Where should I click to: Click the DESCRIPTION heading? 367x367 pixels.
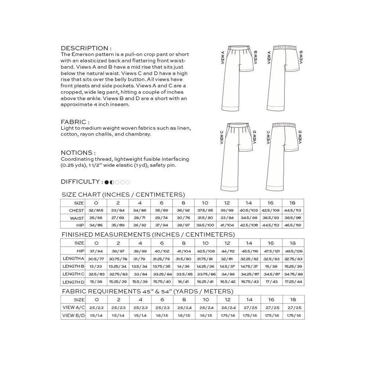tap(86, 48)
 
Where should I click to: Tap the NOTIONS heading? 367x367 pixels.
tap(78, 153)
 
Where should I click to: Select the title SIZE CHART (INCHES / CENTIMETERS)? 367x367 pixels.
tap(123, 195)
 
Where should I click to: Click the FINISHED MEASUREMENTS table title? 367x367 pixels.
tap(148, 235)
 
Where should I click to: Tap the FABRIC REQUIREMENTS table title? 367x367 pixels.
tap(147, 291)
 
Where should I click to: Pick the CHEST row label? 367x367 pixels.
tap(76, 211)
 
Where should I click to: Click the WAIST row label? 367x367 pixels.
tap(77, 218)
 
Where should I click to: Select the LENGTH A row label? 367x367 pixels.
tap(74, 259)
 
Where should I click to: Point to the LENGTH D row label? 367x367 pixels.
tap(74, 282)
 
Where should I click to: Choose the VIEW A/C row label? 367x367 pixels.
tap(73, 308)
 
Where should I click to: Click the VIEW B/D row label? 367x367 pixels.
tap(73, 315)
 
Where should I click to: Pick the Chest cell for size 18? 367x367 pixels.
tap(292, 211)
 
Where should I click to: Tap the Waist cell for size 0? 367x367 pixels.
tap(96, 218)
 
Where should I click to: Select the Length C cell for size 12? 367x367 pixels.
tap(227, 274)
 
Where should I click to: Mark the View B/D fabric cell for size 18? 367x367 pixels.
tap(292, 315)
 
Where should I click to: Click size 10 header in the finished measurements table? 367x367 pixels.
tap(205, 243)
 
